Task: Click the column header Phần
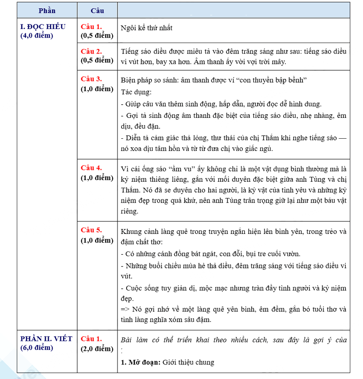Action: [47, 10]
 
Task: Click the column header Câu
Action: [97, 10]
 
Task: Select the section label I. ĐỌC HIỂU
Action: [43, 26]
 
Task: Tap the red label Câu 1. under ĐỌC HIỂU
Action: [92, 26]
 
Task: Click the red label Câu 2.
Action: [92, 51]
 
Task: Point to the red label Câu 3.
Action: [92, 79]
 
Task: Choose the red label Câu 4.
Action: [92, 168]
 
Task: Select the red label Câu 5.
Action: [92, 230]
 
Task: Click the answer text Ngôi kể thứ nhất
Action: [147, 28]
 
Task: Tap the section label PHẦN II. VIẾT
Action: [46, 339]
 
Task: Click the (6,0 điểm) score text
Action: [37, 348]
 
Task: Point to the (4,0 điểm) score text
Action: [37, 35]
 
